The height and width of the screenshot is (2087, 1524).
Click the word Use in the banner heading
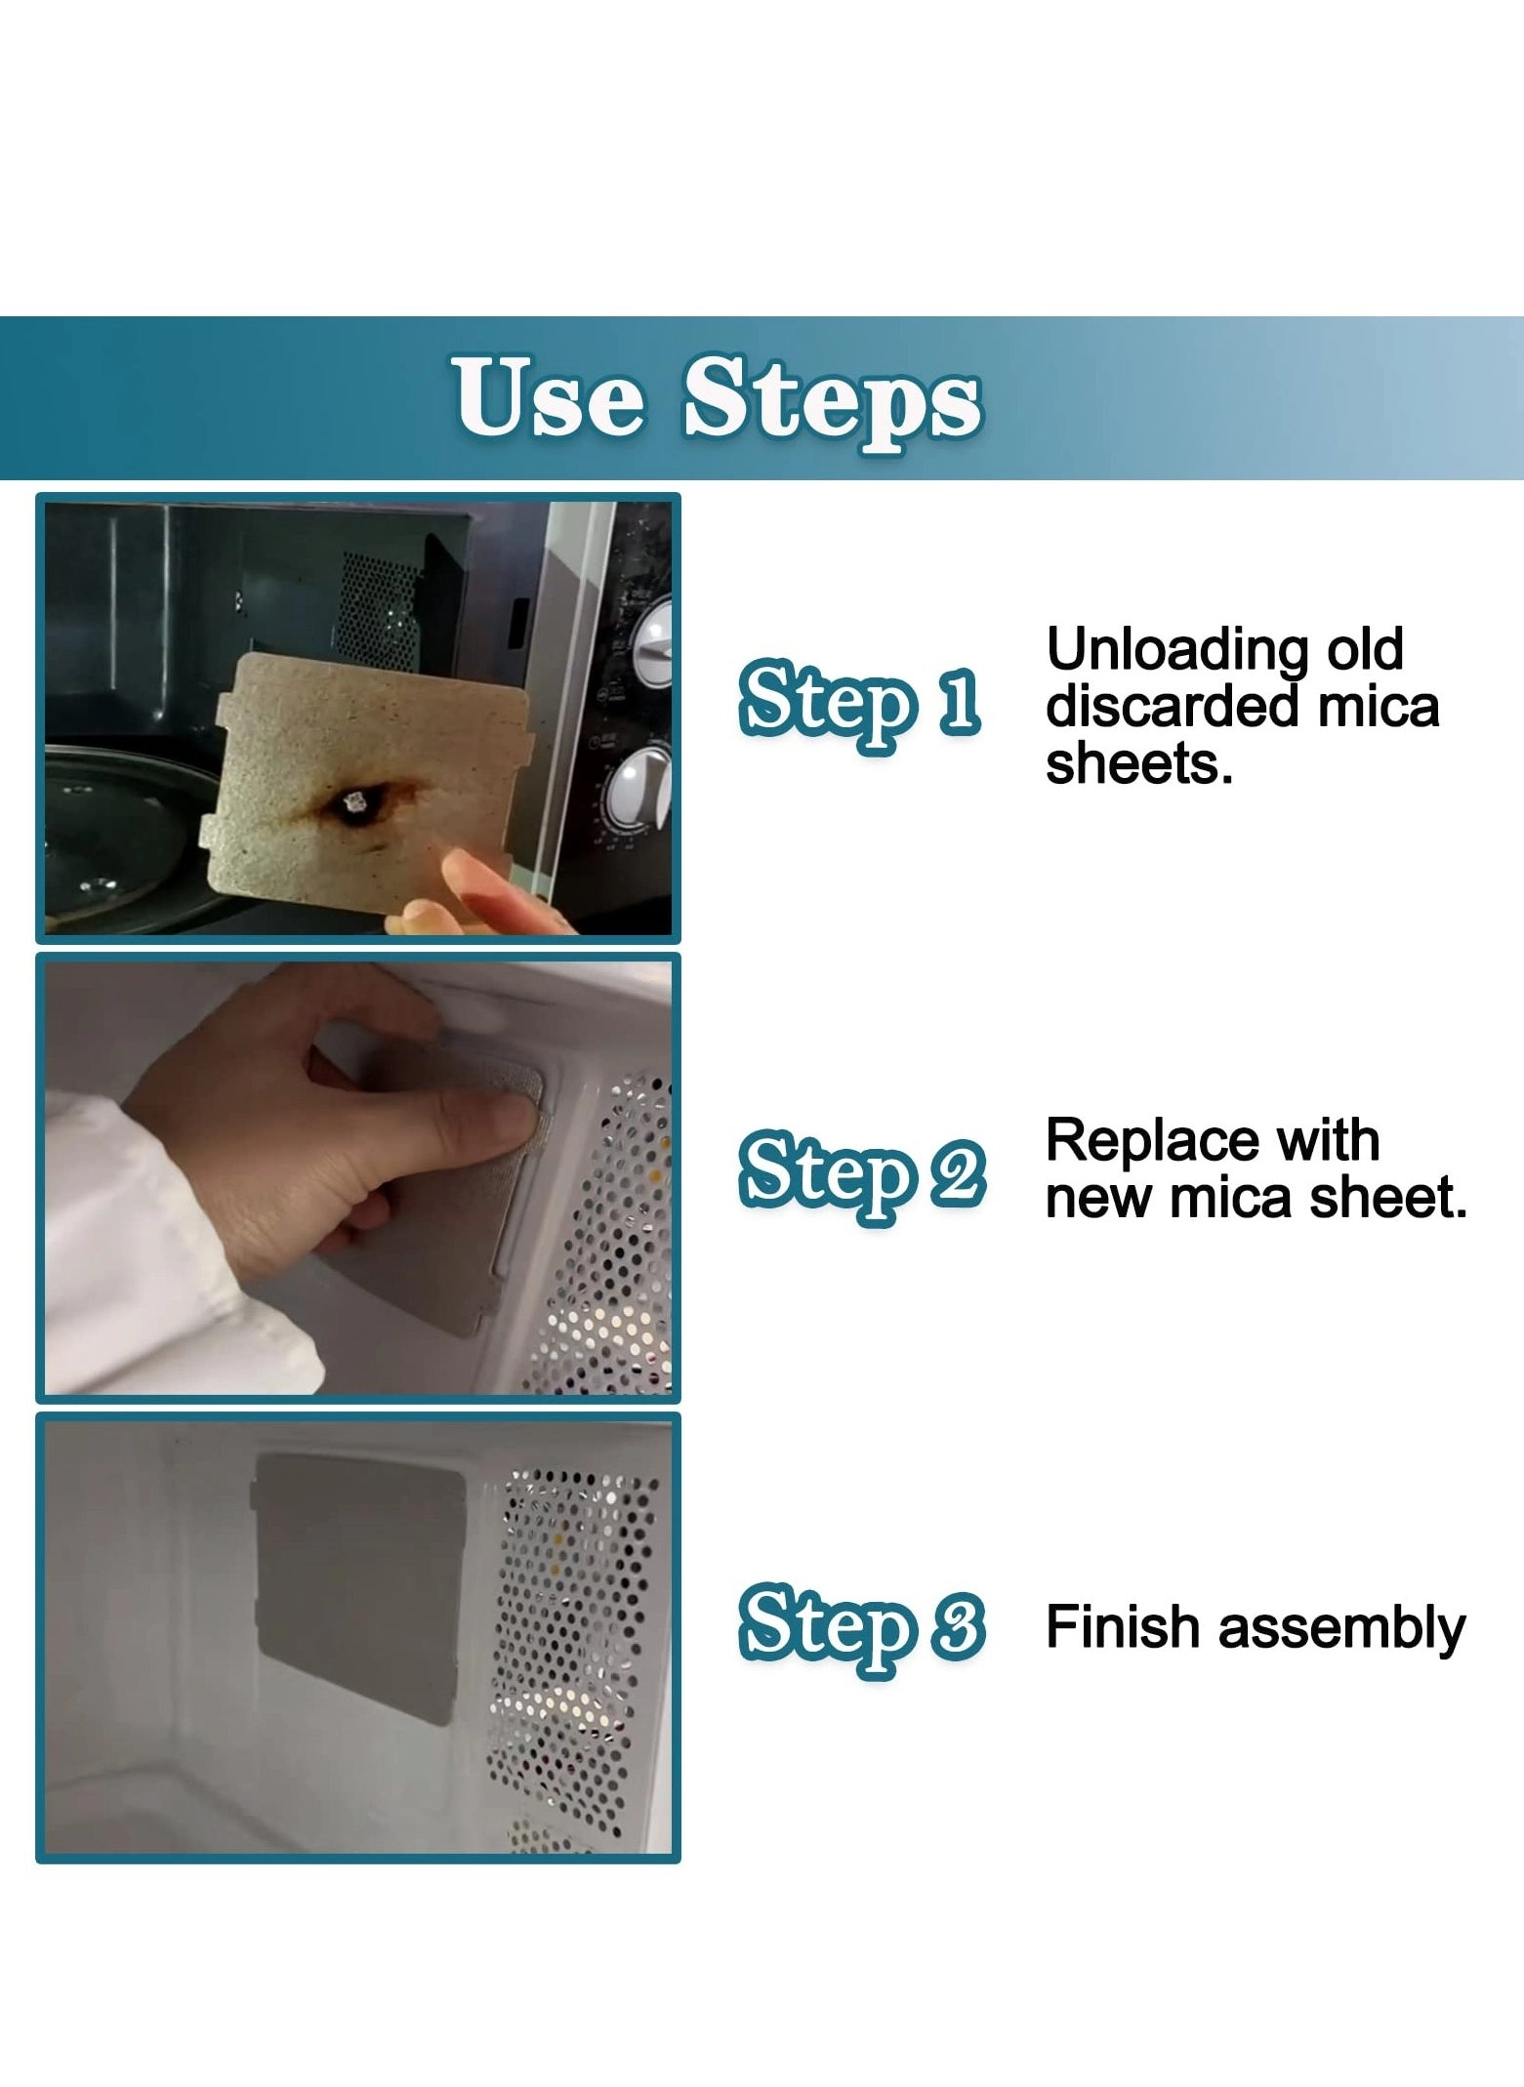[549, 397]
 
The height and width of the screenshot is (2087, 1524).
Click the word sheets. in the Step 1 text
[1138, 763]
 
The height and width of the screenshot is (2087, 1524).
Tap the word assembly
[1341, 1629]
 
